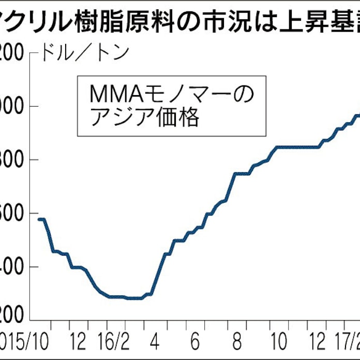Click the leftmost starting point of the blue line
(x=39, y=219)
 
